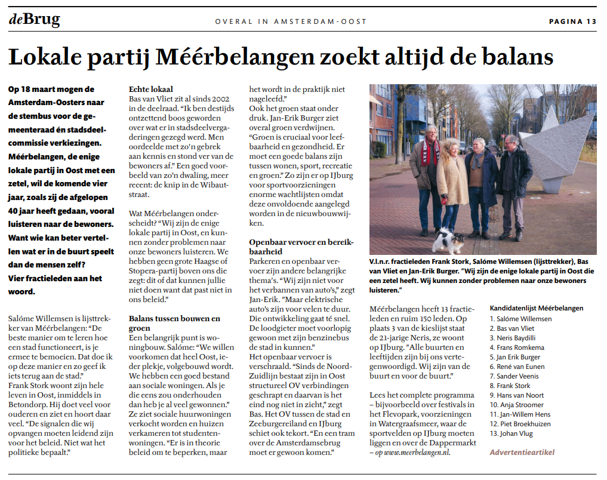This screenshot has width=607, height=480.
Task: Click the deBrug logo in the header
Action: [34, 20]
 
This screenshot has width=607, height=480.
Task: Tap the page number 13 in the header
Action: [591, 21]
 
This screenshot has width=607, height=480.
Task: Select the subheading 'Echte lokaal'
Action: [151, 90]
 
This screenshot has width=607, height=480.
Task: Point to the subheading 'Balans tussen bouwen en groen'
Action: [174, 323]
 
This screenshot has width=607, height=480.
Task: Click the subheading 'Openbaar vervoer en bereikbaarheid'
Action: [301, 247]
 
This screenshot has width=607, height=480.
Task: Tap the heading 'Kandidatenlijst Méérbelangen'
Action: [536, 308]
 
